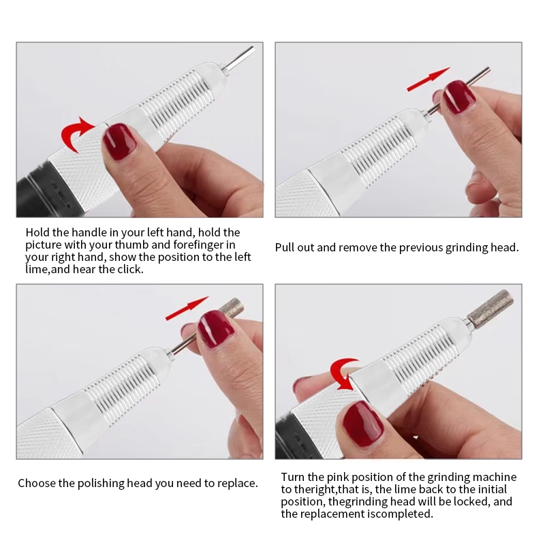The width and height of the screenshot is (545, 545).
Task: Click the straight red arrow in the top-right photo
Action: [429, 79]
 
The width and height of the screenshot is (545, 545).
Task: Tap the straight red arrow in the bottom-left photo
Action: [187, 308]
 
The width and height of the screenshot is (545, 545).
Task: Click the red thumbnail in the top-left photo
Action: [121, 142]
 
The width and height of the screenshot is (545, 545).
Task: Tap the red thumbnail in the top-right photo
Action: [459, 97]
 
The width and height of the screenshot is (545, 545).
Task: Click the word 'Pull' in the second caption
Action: [285, 247]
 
